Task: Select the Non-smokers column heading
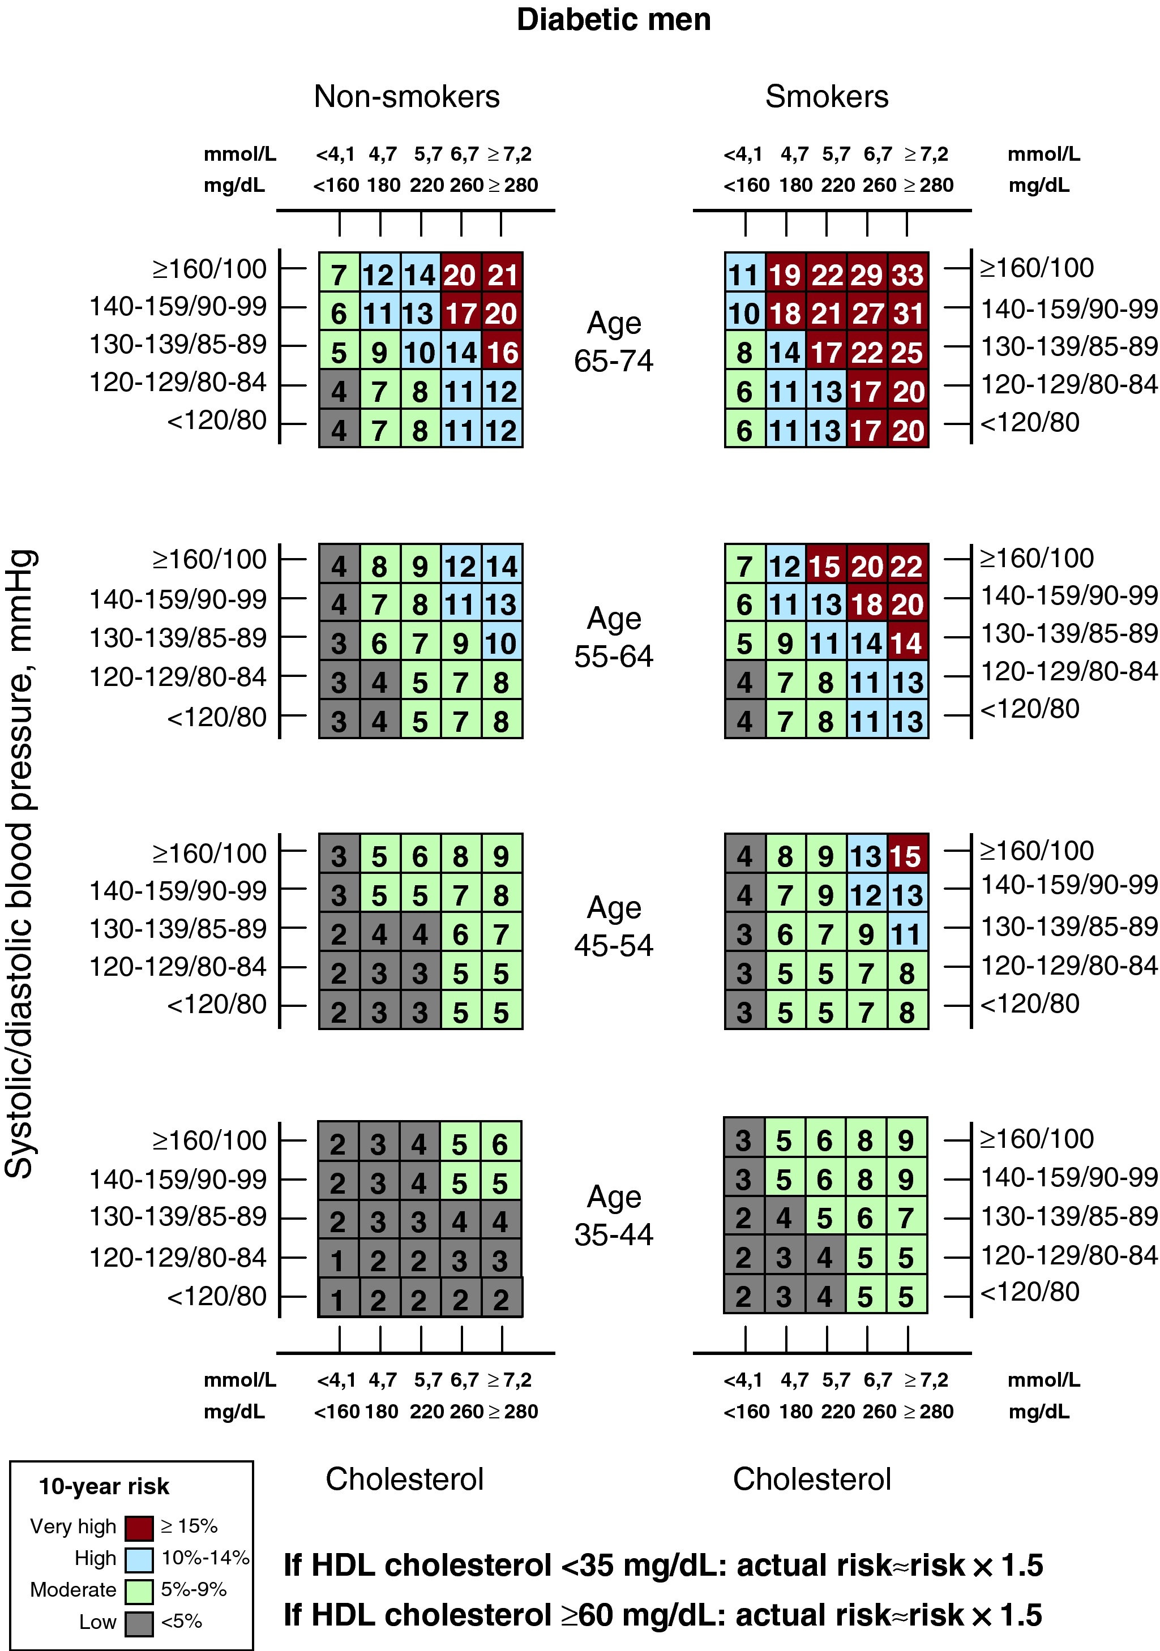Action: tap(406, 96)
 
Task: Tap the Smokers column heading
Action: tap(827, 96)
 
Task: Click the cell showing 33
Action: tap(908, 274)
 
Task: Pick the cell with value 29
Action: tap(867, 274)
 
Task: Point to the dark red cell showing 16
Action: tap(502, 353)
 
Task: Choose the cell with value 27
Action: tap(867, 313)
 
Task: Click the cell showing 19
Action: tap(785, 274)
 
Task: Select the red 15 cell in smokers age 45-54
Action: tap(908, 856)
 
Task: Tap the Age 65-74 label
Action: tap(614, 341)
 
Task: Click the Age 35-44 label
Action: tap(614, 1215)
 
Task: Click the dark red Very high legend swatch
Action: tap(139, 1527)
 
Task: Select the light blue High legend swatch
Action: tap(139, 1559)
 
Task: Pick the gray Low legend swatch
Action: tap(139, 1623)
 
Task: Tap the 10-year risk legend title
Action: tap(104, 1486)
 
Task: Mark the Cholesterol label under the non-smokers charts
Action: tap(404, 1479)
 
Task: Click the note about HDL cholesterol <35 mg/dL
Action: tap(662, 1566)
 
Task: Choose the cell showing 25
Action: tap(908, 353)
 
